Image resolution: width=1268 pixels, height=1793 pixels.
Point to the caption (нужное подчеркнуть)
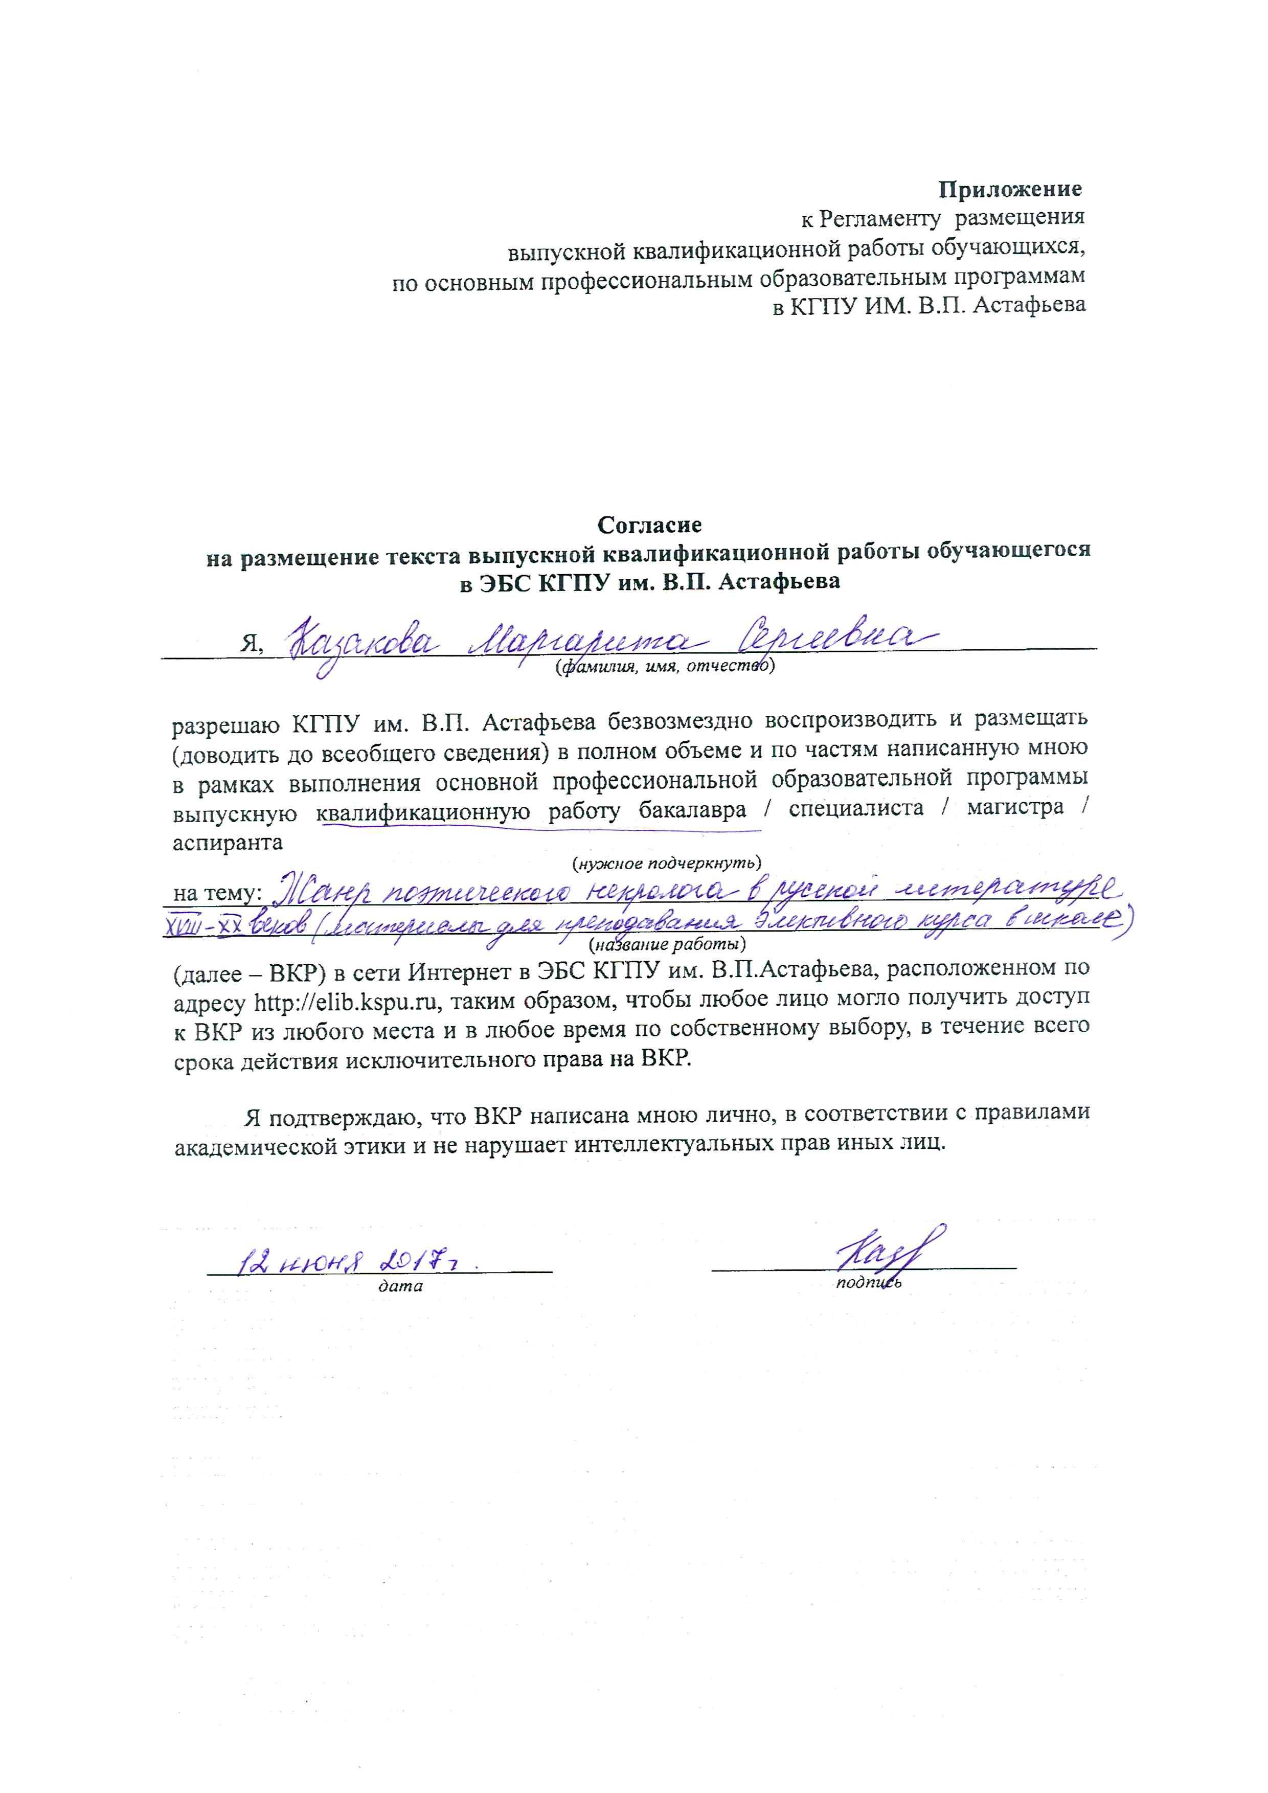click(666, 863)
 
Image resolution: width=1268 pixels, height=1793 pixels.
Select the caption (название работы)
click(666, 945)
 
